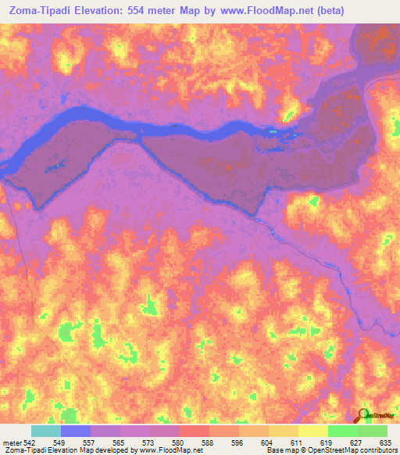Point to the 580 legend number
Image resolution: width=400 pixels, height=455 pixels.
[x=179, y=442]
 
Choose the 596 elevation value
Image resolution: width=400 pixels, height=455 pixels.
[x=238, y=442]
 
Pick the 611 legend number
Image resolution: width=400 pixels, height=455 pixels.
[x=298, y=442]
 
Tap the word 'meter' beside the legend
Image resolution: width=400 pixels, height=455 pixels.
[x=9, y=442]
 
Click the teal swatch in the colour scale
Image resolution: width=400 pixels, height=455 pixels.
[x=46, y=431]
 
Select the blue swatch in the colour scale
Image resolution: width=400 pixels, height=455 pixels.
[x=76, y=431]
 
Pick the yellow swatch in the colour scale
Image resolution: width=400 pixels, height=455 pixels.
[x=312, y=431]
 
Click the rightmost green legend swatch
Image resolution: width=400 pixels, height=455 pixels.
[x=372, y=431]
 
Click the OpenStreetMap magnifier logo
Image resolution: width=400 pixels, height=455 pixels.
[x=362, y=414]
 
